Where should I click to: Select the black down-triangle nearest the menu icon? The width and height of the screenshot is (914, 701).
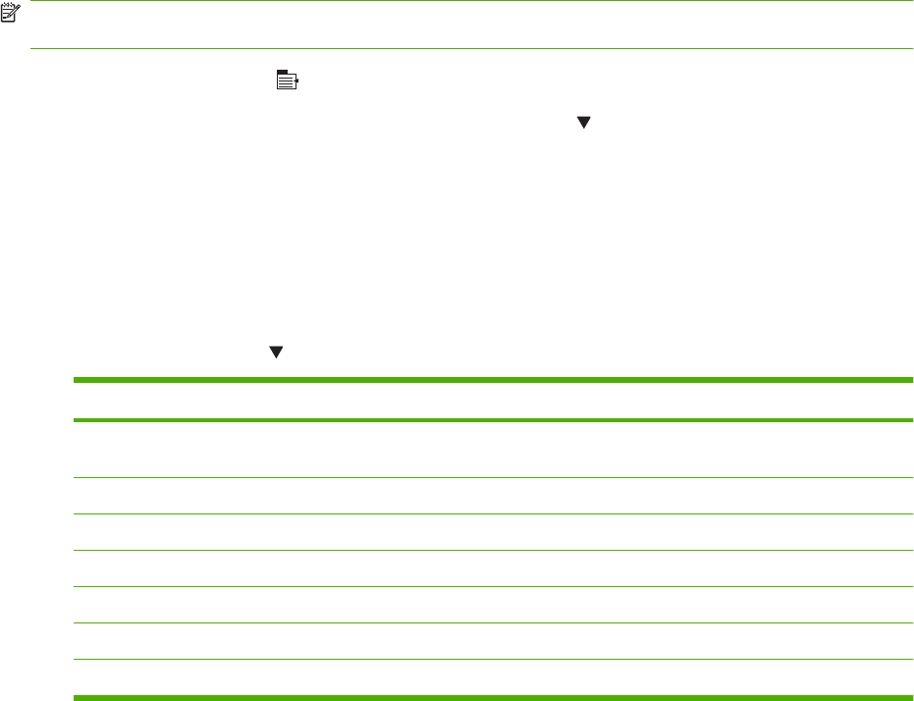pos(583,123)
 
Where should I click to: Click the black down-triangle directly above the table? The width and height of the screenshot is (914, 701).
pos(276,350)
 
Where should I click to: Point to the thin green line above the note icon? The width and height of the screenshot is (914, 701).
pos(471,1)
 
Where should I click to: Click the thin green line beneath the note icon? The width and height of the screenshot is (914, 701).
pos(471,48)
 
